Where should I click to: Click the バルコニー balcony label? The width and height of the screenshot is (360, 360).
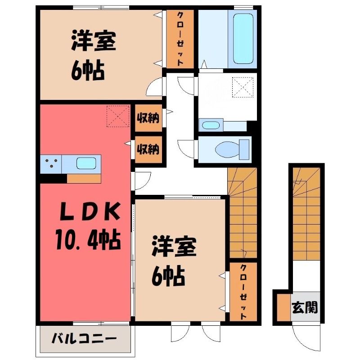click(x=84, y=338)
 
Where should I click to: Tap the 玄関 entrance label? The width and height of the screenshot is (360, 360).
click(x=305, y=307)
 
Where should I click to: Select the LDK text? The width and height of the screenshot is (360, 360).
click(x=90, y=212)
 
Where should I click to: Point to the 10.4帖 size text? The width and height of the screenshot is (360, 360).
click(x=88, y=240)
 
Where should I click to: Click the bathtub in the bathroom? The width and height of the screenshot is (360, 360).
click(x=243, y=39)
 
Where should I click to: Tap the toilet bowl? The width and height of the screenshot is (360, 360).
click(x=232, y=149)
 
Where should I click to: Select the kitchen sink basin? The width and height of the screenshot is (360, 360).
click(x=86, y=163)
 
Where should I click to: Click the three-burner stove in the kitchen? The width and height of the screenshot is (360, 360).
click(x=51, y=164)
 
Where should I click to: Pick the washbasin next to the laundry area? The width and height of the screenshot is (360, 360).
click(x=211, y=125)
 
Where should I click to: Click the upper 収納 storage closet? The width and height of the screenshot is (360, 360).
click(x=148, y=118)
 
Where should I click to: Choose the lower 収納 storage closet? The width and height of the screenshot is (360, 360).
click(x=148, y=149)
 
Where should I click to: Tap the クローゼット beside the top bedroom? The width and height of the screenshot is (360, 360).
click(x=180, y=39)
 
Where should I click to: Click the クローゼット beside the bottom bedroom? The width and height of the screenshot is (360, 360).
click(x=243, y=292)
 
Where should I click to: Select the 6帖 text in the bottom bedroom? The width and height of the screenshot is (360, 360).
click(x=168, y=276)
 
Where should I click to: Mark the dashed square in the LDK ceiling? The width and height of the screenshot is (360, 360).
click(x=118, y=116)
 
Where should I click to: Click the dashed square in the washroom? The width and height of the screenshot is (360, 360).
click(x=243, y=87)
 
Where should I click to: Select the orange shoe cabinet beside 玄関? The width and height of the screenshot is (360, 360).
click(x=284, y=307)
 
